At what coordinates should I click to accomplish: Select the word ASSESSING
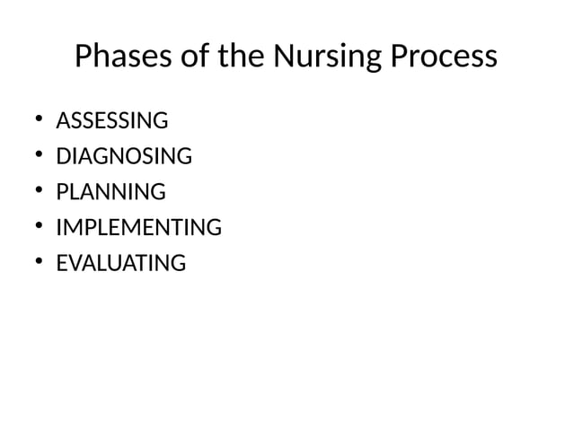pos(111,120)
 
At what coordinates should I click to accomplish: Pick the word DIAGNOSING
pos(124,156)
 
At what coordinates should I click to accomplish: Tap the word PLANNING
pos(110,192)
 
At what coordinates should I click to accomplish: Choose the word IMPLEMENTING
pos(138,228)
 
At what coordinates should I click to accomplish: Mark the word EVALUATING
pos(121,264)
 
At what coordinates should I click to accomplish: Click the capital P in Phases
pos(84,57)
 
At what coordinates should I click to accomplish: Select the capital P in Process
pos(400,57)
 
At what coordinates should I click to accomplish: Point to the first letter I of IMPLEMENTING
pos(58,228)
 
